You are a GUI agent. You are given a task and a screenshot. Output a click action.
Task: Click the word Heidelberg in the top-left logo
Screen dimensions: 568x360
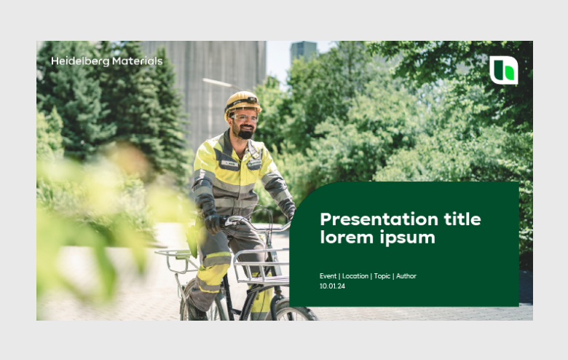(80, 61)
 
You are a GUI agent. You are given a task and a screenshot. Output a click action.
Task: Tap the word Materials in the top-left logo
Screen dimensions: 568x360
(138, 61)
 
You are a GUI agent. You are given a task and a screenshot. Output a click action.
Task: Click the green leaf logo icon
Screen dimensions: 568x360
(504, 71)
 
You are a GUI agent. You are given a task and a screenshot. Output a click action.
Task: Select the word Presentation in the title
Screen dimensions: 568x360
(379, 219)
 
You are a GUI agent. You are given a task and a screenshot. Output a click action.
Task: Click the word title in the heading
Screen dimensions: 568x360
(462, 219)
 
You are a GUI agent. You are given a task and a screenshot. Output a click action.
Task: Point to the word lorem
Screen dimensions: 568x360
(347, 238)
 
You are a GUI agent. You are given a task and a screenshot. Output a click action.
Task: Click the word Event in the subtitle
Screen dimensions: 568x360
(328, 276)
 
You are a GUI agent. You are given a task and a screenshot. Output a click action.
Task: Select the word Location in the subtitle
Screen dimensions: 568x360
(355, 276)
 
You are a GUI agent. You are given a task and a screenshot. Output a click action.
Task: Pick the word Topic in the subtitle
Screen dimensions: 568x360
(382, 276)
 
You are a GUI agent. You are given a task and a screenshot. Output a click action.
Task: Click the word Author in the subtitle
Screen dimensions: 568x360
(406, 276)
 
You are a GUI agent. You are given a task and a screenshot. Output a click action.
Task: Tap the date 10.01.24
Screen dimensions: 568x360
(332, 286)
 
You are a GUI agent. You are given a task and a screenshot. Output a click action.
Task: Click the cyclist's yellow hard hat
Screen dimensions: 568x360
(242, 102)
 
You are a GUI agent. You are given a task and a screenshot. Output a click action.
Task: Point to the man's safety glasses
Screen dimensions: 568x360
(245, 117)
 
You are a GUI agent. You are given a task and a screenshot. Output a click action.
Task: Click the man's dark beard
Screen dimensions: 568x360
(245, 133)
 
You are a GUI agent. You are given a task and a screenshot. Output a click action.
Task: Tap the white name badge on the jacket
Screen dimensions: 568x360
(230, 163)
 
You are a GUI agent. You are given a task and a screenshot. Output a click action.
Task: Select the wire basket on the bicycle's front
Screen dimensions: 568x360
(261, 267)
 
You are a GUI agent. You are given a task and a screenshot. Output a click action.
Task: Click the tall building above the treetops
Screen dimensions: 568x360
(303, 52)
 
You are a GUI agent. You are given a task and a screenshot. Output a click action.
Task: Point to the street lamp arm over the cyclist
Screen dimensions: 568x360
(221, 84)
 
